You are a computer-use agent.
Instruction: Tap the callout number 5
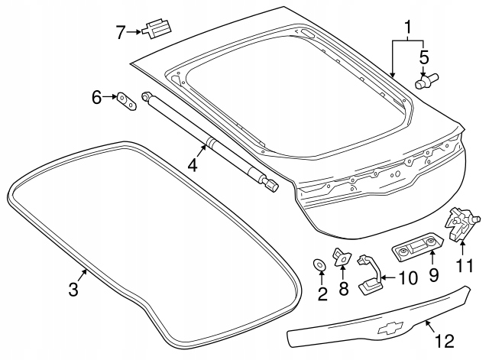[425, 57]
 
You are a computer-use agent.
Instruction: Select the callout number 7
[121, 32]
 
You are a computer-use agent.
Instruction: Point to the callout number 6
[96, 97]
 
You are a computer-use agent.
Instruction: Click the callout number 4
[193, 164]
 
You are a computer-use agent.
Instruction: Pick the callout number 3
[73, 289]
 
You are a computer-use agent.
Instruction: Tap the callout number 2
[322, 294]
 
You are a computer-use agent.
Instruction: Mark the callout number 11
[465, 266]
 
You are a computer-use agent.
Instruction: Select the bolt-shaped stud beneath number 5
[425, 79]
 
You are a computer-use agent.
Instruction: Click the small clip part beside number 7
[157, 29]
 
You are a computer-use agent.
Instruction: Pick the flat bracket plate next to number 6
[125, 101]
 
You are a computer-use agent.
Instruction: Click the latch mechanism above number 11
[461, 224]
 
